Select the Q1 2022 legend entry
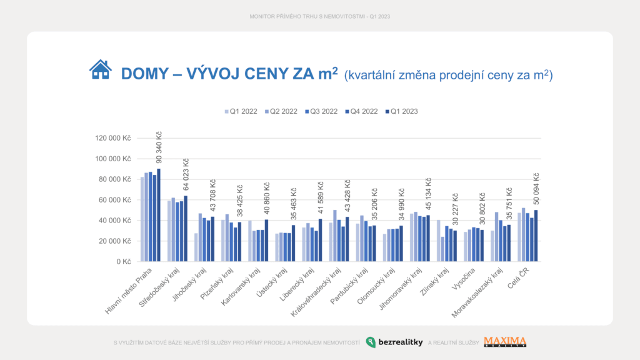coord(241,111)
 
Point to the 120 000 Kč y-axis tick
coord(112,138)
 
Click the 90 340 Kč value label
coord(159,149)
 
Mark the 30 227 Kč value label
coord(455,211)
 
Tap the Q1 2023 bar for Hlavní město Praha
coord(159,215)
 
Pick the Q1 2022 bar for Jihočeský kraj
coord(196,247)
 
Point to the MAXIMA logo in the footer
coord(505,342)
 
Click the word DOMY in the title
coord(144,74)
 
